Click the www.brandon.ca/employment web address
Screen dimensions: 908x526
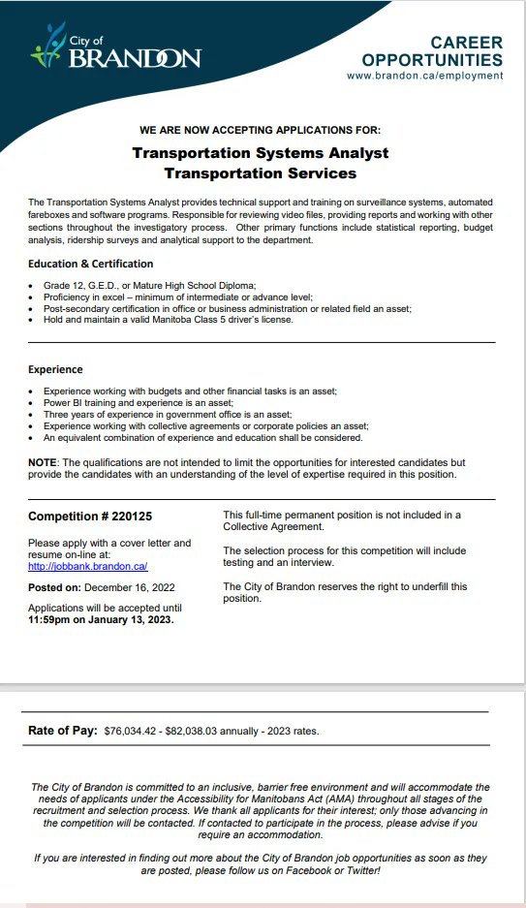click(x=424, y=76)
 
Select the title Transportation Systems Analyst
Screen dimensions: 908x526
click(x=260, y=153)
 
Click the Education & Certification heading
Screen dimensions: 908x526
click(x=90, y=264)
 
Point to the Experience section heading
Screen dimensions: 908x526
click(x=55, y=369)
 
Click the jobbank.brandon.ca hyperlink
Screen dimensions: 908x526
click(x=87, y=566)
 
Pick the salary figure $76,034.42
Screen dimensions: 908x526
click(x=137, y=731)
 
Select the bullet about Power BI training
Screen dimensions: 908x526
click(x=139, y=401)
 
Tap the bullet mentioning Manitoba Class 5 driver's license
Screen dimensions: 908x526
click(x=168, y=320)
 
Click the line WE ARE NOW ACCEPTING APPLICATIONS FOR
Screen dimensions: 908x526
click(x=260, y=129)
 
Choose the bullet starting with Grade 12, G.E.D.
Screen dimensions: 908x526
click(x=149, y=285)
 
